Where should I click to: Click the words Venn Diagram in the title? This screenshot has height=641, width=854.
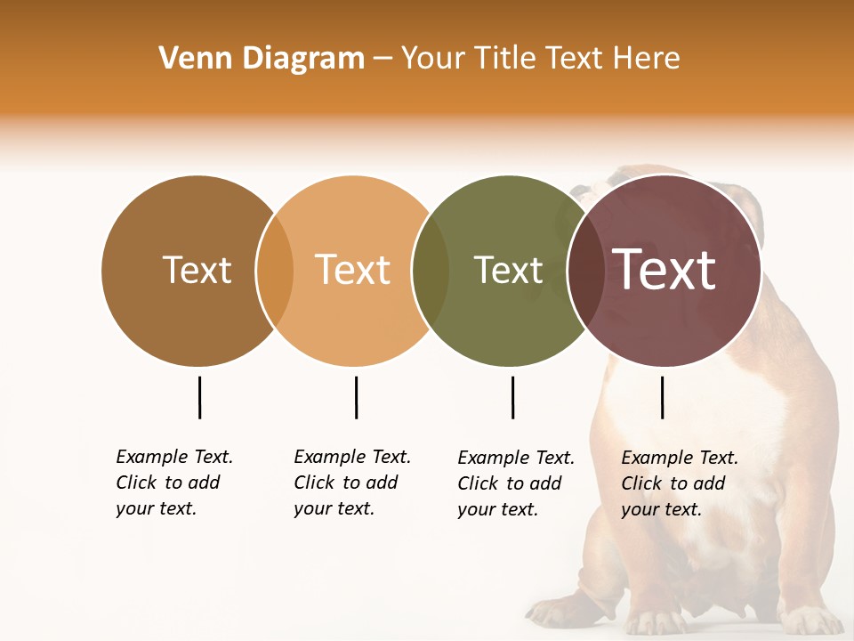262,59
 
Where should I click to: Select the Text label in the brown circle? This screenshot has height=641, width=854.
197,270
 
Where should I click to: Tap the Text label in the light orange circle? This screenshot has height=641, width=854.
353,270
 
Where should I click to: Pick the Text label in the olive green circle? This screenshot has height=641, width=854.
508,270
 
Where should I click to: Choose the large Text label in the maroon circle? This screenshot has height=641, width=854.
665,270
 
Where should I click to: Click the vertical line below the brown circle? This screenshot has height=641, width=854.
199,397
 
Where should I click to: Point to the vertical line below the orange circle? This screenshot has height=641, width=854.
356,397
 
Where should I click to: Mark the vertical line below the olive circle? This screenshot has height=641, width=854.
512,397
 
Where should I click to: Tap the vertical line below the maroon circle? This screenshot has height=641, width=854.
662,397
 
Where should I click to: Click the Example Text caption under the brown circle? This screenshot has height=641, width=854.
173,483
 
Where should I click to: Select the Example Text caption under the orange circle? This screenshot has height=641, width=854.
351,483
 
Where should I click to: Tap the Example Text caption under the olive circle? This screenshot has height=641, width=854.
515,483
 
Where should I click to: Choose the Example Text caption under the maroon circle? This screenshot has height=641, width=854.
679,483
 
